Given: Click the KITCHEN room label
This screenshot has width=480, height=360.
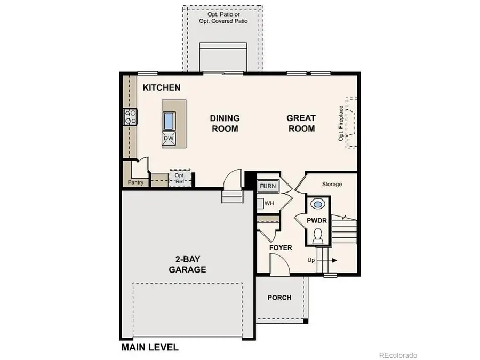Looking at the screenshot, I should [161, 87].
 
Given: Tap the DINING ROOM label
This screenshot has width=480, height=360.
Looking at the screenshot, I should [225, 123].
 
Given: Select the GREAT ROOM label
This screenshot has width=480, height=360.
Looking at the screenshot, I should [301, 123].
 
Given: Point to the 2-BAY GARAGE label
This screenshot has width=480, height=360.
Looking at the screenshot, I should [187, 265].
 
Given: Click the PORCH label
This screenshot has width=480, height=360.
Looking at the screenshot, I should [279, 298].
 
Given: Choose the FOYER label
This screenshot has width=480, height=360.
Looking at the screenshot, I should [281, 247].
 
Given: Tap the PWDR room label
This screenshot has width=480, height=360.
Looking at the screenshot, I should [317, 220].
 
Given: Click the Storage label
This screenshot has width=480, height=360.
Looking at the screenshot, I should [332, 185].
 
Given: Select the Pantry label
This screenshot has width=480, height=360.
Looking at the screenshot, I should [135, 183].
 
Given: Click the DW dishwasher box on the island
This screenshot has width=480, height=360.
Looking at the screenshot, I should [169, 139].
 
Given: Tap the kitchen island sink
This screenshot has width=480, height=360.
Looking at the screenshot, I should [169, 121].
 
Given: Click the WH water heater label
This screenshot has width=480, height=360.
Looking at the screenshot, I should [269, 203].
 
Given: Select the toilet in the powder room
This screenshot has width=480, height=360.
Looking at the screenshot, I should [317, 235].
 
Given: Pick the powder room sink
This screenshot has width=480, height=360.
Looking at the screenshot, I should [317, 204].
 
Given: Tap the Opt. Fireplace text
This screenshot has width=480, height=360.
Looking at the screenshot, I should [341, 123].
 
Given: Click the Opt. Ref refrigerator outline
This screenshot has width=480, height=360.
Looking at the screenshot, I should [180, 178].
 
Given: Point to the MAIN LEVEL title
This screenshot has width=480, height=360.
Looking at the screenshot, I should [150, 347].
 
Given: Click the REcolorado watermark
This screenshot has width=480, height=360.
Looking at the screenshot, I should [398, 355].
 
